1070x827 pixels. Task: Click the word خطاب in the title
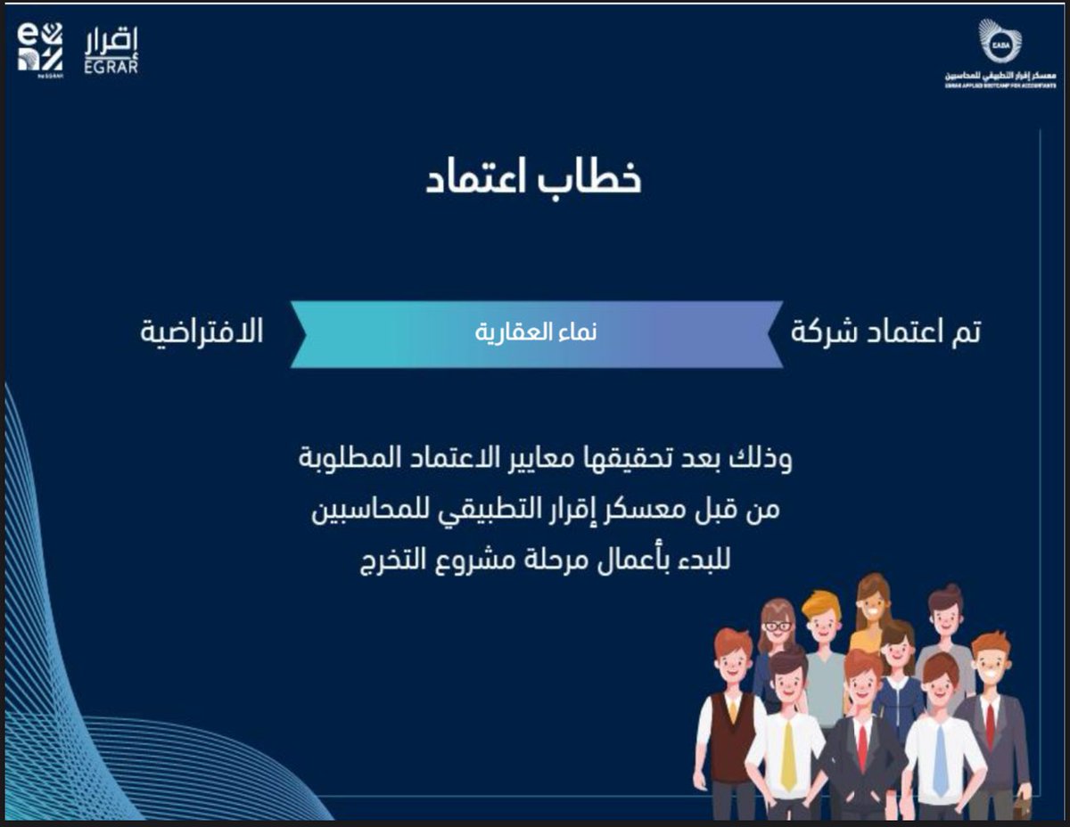pyautogui.click(x=591, y=176)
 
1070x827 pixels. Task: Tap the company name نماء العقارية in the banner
pyautogui.click(x=536, y=333)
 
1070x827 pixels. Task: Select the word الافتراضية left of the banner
pyautogui.click(x=202, y=332)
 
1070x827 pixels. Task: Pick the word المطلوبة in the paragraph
pyautogui.click(x=343, y=460)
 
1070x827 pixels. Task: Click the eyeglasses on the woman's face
pyautogui.click(x=778, y=626)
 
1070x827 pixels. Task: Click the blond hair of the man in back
pyautogui.click(x=820, y=602)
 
